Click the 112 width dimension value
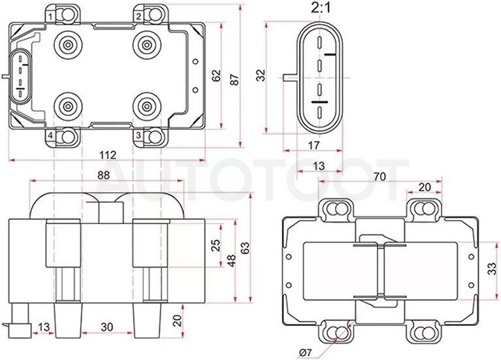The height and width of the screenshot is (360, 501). (108, 155)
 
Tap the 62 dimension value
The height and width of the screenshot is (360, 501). (216, 75)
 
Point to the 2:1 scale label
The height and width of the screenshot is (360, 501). (321, 8)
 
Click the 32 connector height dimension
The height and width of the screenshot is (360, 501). (261, 75)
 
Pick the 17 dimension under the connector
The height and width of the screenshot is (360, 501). (314, 146)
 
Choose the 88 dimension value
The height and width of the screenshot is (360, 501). (103, 175)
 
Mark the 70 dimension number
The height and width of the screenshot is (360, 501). (380, 176)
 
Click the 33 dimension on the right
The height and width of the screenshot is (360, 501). (492, 269)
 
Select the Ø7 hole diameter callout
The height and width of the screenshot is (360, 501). (306, 353)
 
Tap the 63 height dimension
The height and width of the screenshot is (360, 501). (245, 248)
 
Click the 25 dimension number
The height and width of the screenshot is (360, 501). (216, 245)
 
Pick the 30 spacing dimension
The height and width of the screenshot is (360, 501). (106, 327)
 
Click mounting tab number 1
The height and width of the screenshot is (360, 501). (50, 16)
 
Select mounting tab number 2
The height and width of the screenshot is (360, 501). (138, 16)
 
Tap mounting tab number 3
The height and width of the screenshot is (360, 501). (138, 135)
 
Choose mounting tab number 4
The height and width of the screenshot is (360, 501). (50, 136)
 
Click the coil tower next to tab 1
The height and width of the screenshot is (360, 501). (68, 45)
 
